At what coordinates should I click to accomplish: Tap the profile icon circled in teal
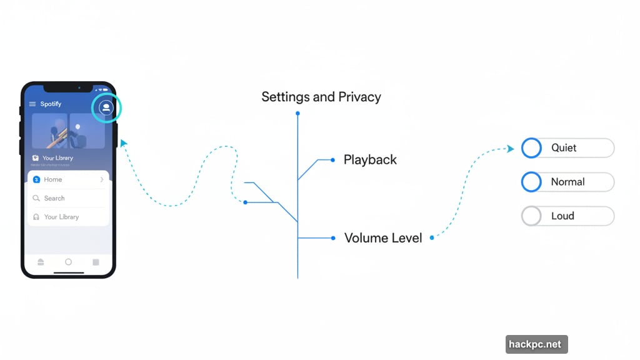point(106,108)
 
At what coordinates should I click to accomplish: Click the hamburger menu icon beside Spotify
point(32,104)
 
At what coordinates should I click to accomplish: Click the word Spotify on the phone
point(51,104)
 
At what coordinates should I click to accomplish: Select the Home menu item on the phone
point(52,179)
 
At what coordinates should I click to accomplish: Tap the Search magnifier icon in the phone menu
point(36,198)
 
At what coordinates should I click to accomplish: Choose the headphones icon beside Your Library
point(36,217)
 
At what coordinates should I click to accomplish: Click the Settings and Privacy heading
point(321,97)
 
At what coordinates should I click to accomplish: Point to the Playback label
point(370,160)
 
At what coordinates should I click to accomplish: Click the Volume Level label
point(383,238)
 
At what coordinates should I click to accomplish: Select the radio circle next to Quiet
point(531,148)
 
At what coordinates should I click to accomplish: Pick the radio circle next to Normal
point(531,182)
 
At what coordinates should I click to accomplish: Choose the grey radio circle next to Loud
point(531,216)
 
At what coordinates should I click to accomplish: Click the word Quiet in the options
point(564,148)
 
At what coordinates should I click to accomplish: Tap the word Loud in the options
point(562,216)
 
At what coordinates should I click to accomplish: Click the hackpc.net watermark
point(536,344)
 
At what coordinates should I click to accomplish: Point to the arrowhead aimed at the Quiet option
point(510,149)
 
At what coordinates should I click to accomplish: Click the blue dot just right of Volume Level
point(432,237)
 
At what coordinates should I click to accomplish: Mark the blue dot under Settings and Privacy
point(297,113)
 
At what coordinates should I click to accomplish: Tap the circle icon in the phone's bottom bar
point(68,262)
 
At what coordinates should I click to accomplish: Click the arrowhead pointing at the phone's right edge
point(123,143)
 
